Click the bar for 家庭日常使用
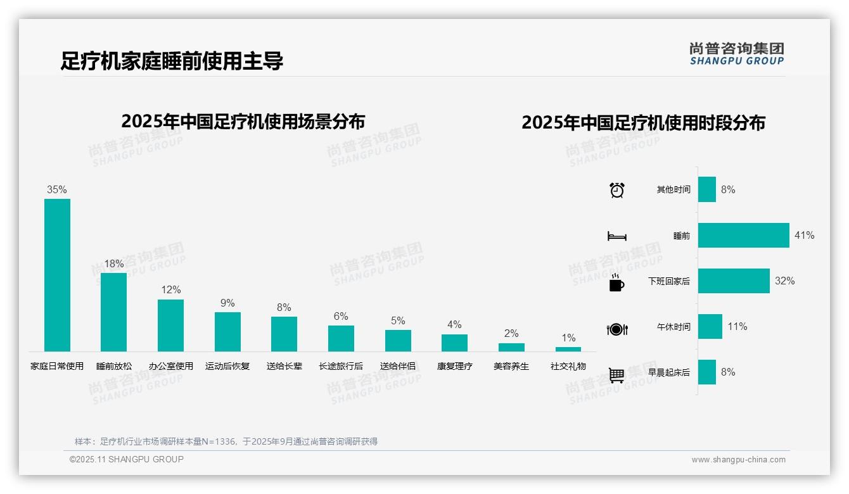point(57,275)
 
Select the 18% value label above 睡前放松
point(114,263)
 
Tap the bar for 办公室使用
point(170,326)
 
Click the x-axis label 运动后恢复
point(227,366)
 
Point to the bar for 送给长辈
point(284,334)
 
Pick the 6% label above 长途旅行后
point(341,316)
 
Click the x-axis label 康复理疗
point(454,366)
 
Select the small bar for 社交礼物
point(568,349)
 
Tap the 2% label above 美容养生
point(511,333)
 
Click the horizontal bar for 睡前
point(743,235)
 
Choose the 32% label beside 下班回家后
point(784,281)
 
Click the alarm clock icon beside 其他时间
point(616,190)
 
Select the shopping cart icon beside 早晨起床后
point(616,375)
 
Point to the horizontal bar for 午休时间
point(710,327)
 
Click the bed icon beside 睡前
point(616,236)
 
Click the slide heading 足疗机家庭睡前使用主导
point(172,61)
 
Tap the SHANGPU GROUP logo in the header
point(736,54)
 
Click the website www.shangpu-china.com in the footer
point(738,460)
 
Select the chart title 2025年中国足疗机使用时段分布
point(643,122)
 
